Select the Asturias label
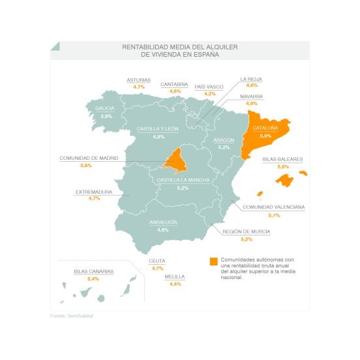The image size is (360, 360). [x=138, y=80]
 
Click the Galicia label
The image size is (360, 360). [x=105, y=108]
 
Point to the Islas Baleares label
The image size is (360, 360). [x=282, y=158]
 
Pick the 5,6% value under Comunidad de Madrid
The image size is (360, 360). [x=85, y=166]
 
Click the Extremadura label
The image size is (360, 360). [x=94, y=192]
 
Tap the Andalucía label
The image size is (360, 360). [x=163, y=222]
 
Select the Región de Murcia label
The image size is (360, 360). [x=246, y=232]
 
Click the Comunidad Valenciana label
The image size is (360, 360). [x=273, y=207]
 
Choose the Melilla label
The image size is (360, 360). [x=175, y=277]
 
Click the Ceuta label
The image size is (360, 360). [x=157, y=260]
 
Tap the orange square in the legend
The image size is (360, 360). [x=213, y=262]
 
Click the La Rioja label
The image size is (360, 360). [x=251, y=79]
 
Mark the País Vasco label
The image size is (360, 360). [x=209, y=86]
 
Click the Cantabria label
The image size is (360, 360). [x=174, y=84]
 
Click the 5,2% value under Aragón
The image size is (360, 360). [x=224, y=147]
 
